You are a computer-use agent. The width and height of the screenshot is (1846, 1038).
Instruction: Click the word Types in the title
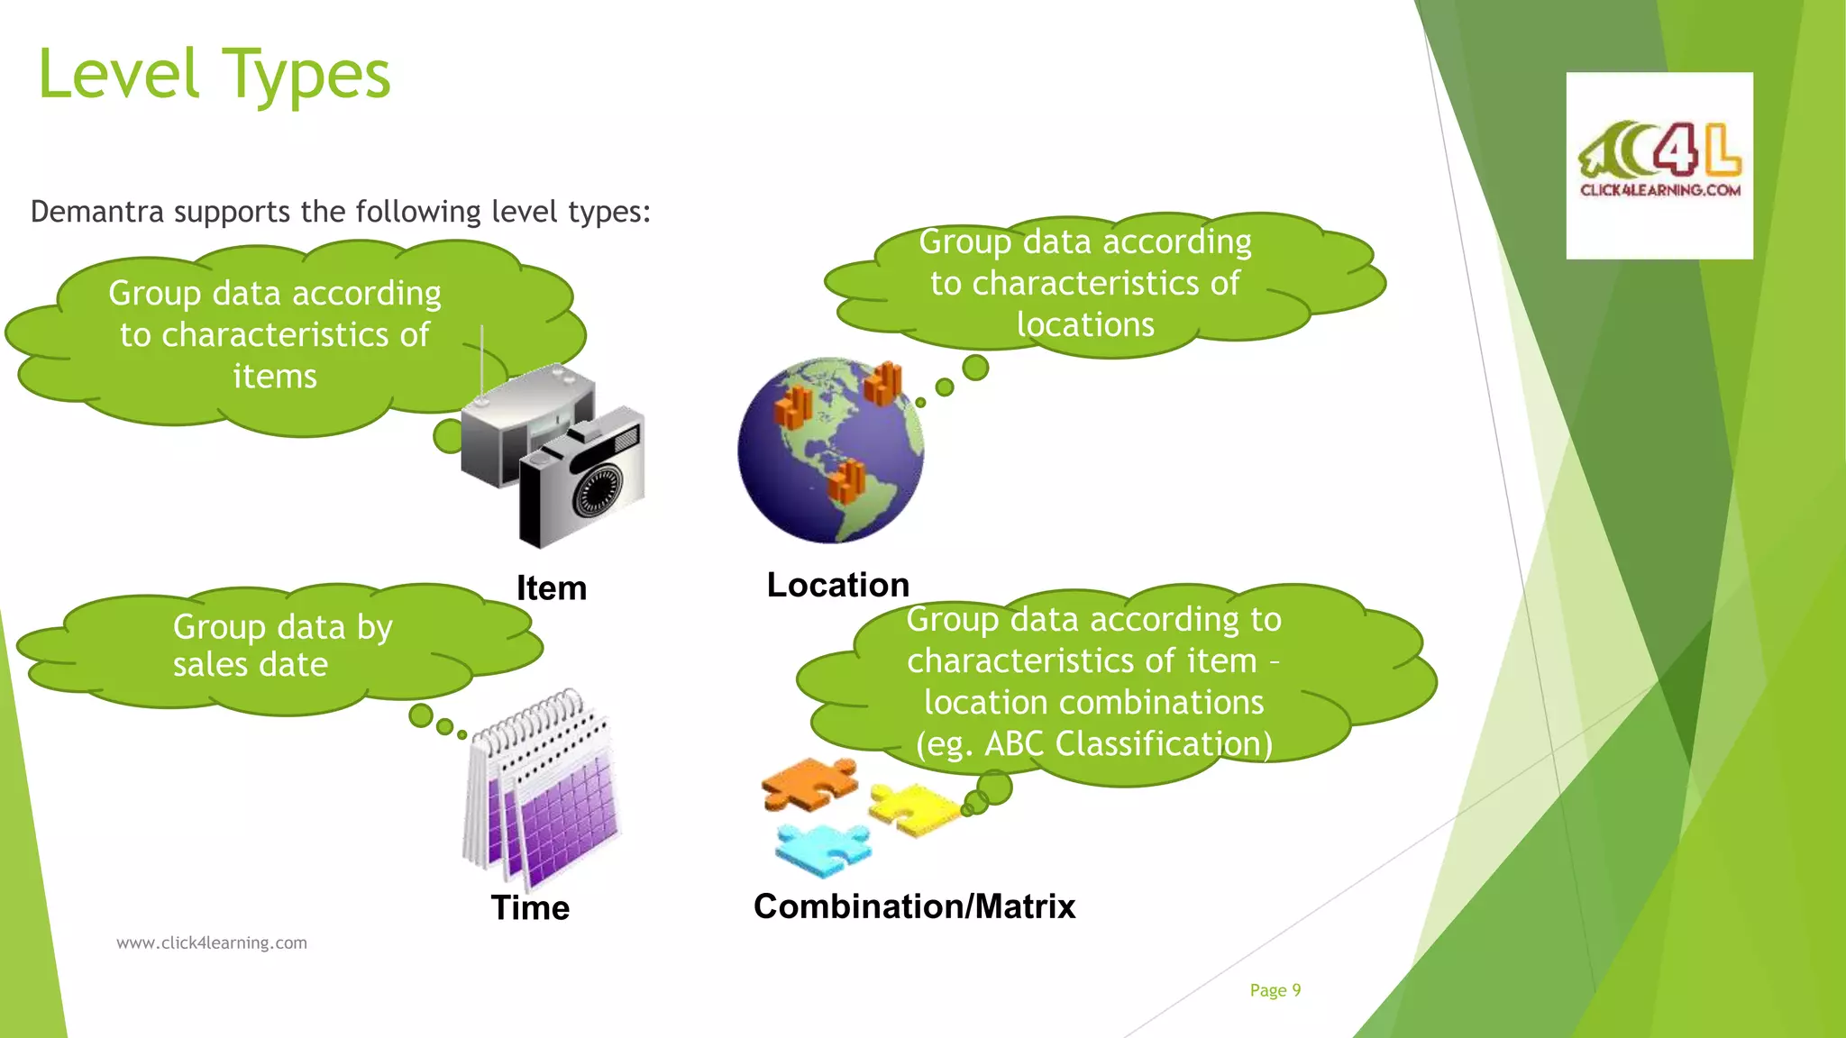(306, 76)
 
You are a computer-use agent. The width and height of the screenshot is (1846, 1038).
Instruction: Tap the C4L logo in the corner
(1659, 165)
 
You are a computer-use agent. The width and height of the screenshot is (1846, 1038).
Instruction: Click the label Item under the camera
(551, 588)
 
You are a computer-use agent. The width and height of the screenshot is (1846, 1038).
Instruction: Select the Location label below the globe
(837, 585)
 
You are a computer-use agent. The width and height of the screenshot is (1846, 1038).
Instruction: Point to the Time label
(530, 907)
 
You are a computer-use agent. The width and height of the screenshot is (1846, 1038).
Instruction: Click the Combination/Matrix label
(914, 906)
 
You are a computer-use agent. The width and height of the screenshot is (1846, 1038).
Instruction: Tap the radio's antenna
(482, 360)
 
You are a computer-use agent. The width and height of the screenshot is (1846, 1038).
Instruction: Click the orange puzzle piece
(808, 782)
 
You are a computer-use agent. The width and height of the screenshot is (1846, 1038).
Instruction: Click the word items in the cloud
(275, 377)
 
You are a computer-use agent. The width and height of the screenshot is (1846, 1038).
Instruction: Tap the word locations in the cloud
(1085, 324)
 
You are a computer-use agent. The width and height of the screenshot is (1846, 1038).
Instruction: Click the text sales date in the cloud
(251, 665)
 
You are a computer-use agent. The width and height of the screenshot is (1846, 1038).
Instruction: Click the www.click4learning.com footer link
(212, 942)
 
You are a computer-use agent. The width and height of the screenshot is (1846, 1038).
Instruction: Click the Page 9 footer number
(1275, 990)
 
